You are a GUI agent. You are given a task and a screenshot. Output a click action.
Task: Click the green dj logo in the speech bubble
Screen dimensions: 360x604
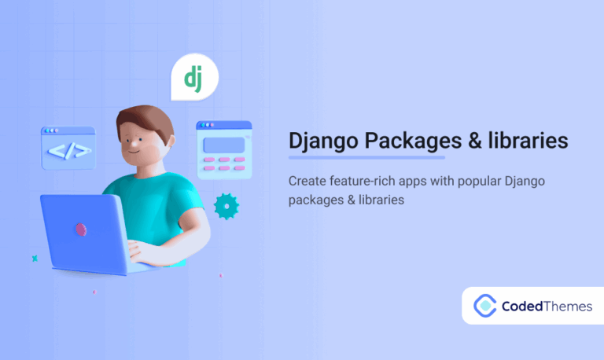tap(193, 77)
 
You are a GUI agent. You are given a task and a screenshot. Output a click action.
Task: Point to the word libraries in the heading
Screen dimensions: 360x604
tap(534, 141)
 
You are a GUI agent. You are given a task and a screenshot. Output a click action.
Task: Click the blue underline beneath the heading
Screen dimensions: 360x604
tap(366, 157)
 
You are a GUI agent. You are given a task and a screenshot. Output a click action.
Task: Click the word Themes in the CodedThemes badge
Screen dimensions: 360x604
tap(567, 307)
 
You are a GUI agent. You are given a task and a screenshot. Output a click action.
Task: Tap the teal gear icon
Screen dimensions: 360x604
tap(226, 205)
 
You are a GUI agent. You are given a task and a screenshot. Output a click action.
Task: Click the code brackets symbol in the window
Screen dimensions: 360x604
tap(68, 149)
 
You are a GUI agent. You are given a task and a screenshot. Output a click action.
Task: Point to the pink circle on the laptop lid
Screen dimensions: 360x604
tap(80, 229)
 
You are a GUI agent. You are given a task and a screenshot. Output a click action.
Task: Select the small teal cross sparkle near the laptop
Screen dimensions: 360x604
tap(35, 258)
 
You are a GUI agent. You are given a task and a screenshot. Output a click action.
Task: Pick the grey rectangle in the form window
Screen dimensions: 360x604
tap(224, 145)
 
